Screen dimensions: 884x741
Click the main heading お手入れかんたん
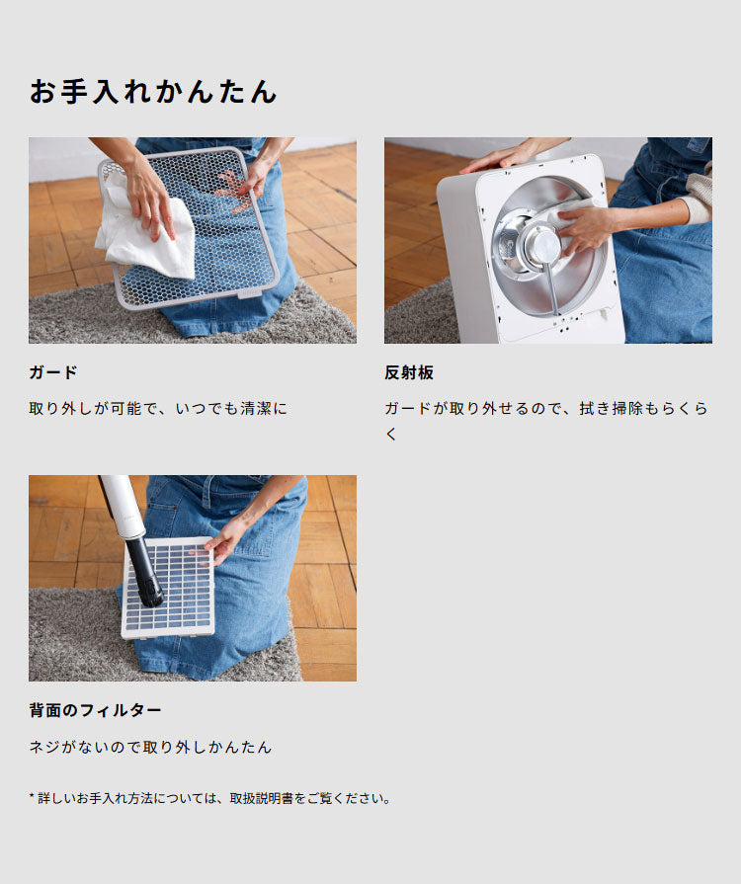point(153,92)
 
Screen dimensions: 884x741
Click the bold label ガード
point(53,372)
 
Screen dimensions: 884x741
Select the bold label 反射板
point(409,372)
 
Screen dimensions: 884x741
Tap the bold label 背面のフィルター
point(95,710)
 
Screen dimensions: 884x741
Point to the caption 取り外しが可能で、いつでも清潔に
point(158,407)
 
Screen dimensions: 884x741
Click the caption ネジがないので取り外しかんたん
point(150,747)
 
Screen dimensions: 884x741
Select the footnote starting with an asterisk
point(210,797)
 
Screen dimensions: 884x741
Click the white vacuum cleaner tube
point(121,504)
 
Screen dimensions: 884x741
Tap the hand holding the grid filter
point(225,539)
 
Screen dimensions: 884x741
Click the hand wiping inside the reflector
point(585,227)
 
